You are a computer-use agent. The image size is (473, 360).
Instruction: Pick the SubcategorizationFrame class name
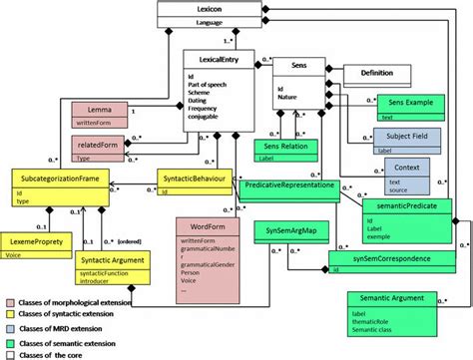tap(59, 177)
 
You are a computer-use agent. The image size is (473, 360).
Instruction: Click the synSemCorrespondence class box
tap(383, 258)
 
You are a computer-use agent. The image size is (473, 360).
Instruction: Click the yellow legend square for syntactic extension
tap(9, 312)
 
